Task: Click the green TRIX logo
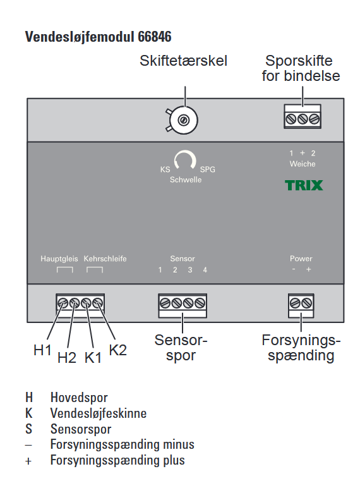(304, 185)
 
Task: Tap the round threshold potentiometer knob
(183, 120)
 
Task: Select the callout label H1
(42, 350)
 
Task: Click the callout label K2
(118, 350)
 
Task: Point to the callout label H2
(67, 358)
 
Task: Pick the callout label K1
(93, 358)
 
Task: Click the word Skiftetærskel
(183, 61)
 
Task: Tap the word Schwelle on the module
(186, 180)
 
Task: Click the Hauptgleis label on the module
(59, 259)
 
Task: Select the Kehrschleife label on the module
(105, 259)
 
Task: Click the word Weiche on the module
(303, 164)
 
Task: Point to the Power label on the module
(301, 259)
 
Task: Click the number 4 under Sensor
(205, 270)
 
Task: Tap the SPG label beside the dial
(207, 169)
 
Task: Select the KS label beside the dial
(165, 169)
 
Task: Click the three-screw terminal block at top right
(303, 116)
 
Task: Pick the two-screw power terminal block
(301, 305)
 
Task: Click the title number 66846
(155, 37)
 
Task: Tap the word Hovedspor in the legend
(79, 398)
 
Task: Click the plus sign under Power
(308, 269)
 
